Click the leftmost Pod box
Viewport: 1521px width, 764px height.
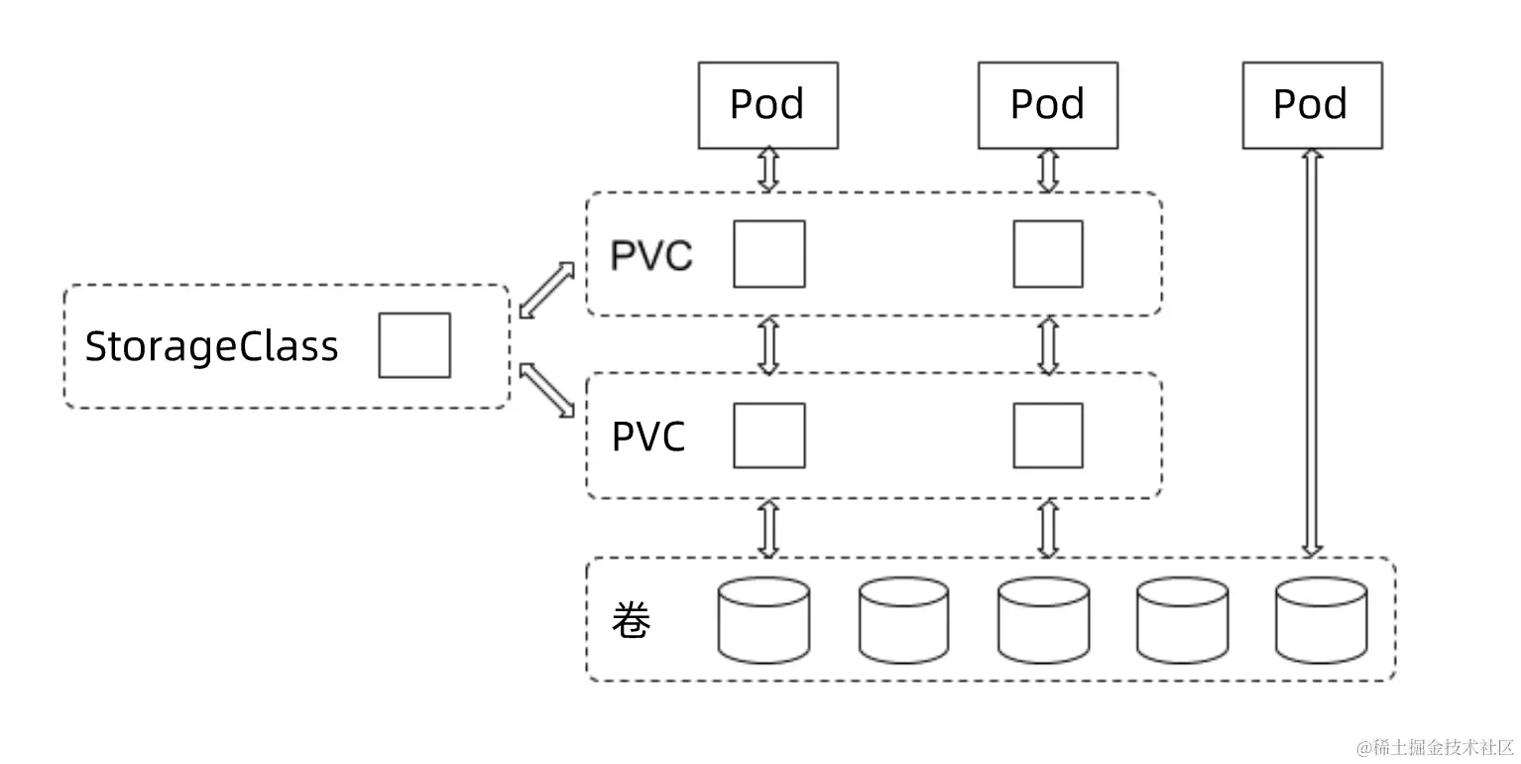pos(767,105)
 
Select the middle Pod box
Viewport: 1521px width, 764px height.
pos(1047,105)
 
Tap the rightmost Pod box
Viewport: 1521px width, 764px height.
pos(1311,105)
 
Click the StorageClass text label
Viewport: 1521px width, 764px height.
pos(211,346)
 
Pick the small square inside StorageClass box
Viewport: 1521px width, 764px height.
pos(413,345)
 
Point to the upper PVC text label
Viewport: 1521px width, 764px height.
pos(650,255)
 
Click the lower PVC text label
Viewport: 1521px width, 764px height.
pos(648,437)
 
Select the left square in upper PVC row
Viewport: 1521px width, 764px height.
pos(768,254)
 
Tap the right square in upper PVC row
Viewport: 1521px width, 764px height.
pos(1047,254)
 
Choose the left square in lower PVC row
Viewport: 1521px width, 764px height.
pos(768,436)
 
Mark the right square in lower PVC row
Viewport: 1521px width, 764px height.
pos(1047,436)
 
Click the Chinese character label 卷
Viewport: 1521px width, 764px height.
pos(631,621)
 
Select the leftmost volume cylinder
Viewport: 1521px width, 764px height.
pos(762,620)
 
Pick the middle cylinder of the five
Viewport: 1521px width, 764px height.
pos(1043,620)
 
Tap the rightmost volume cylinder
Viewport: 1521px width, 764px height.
pos(1321,620)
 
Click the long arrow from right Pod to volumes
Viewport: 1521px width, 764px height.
pos(1311,352)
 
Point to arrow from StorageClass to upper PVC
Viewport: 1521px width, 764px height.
pos(547,290)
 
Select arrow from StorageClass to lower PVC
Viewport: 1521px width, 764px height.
pos(547,389)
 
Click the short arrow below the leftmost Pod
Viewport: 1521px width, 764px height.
pos(768,170)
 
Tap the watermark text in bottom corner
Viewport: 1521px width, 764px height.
pos(1436,746)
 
